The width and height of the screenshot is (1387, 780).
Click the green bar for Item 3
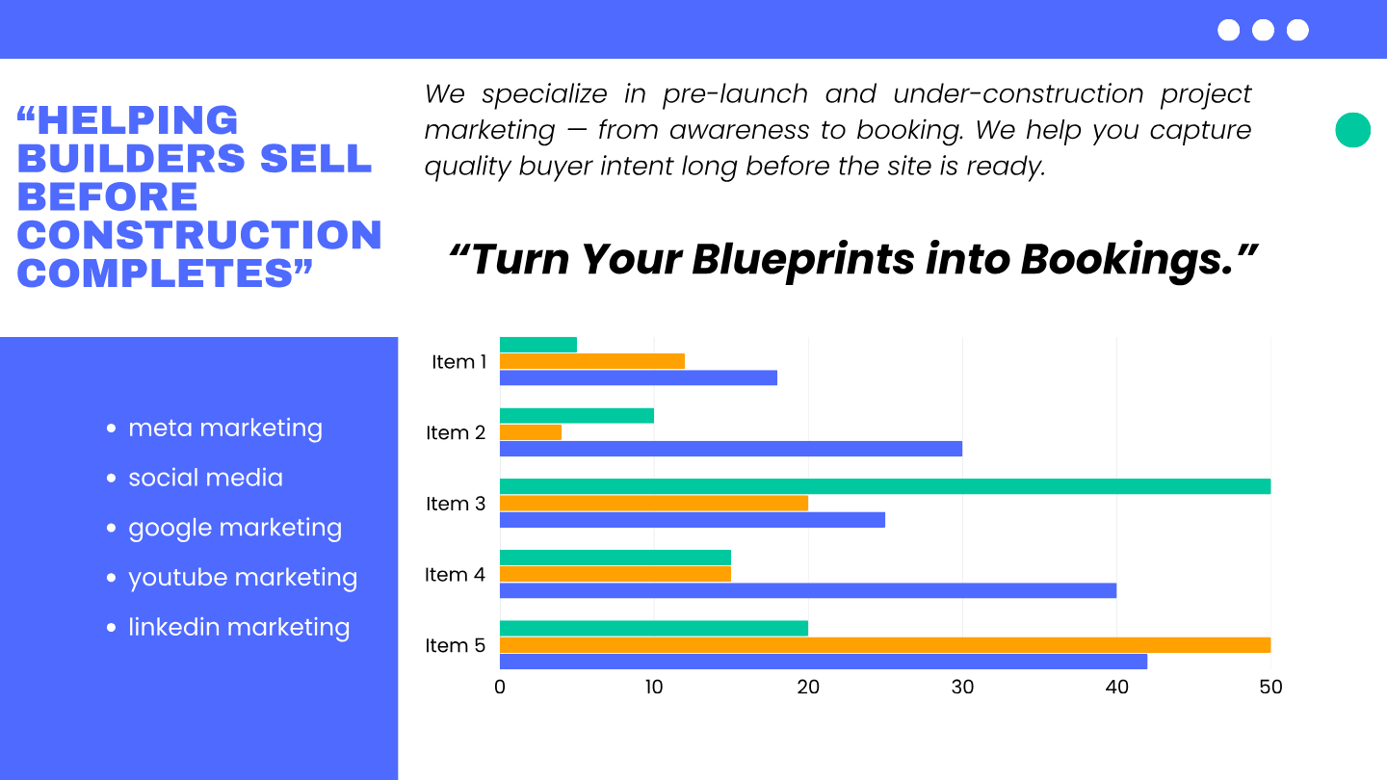pyautogui.click(x=885, y=486)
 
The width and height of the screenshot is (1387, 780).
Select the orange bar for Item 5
pyautogui.click(x=885, y=645)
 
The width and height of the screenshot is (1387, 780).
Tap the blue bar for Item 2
pyautogui.click(x=731, y=449)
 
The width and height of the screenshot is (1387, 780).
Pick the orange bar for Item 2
pyautogui.click(x=531, y=432)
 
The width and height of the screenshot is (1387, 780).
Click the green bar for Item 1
pyautogui.click(x=538, y=345)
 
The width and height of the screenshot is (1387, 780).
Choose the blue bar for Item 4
pyautogui.click(x=808, y=590)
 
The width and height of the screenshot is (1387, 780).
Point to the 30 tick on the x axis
pyautogui.click(x=962, y=688)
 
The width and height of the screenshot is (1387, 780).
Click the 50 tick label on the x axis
pyautogui.click(x=1270, y=688)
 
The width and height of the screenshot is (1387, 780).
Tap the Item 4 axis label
pyautogui.click(x=455, y=575)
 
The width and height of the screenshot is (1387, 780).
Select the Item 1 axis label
pyautogui.click(x=458, y=361)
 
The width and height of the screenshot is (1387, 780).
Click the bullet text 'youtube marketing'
pyautogui.click(x=243, y=578)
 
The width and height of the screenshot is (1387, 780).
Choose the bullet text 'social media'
pyautogui.click(x=205, y=478)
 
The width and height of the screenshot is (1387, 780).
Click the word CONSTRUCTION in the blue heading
pyautogui.click(x=199, y=235)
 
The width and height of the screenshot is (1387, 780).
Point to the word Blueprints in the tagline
pyautogui.click(x=802, y=260)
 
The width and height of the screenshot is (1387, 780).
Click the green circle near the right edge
pyautogui.click(x=1353, y=130)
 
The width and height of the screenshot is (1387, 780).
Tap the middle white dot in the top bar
pyautogui.click(x=1263, y=30)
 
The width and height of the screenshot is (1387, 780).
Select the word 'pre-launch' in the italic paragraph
pyautogui.click(x=735, y=94)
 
